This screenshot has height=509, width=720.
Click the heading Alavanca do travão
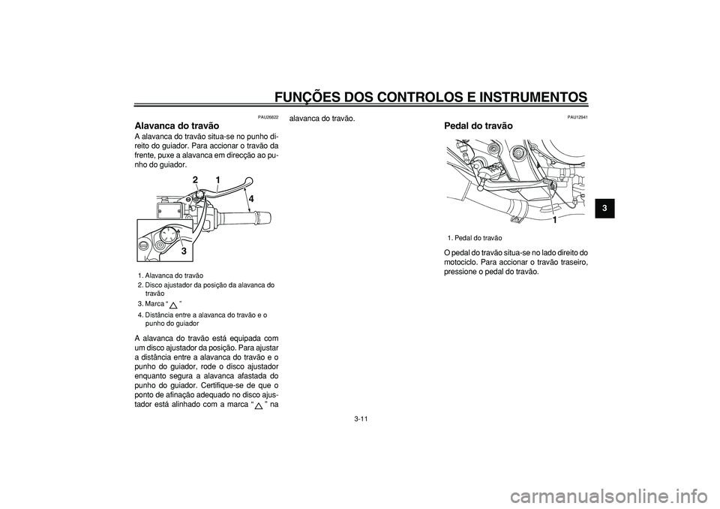(x=177, y=125)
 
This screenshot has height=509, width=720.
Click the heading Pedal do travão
(x=479, y=125)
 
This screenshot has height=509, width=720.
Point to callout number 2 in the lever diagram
(x=194, y=180)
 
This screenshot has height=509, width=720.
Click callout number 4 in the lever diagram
(x=252, y=199)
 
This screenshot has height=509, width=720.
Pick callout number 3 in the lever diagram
(x=183, y=251)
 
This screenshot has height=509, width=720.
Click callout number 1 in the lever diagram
(x=217, y=180)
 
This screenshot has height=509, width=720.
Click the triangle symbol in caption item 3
(x=173, y=304)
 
